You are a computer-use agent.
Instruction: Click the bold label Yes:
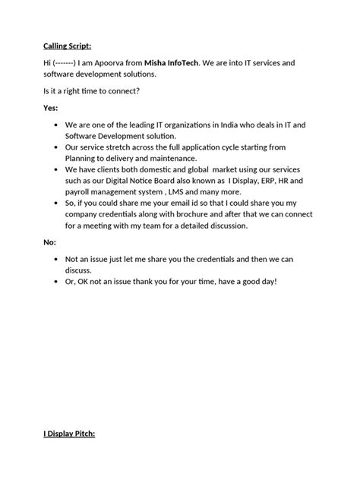click(x=50, y=108)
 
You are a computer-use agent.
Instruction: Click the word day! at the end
click(x=267, y=281)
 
